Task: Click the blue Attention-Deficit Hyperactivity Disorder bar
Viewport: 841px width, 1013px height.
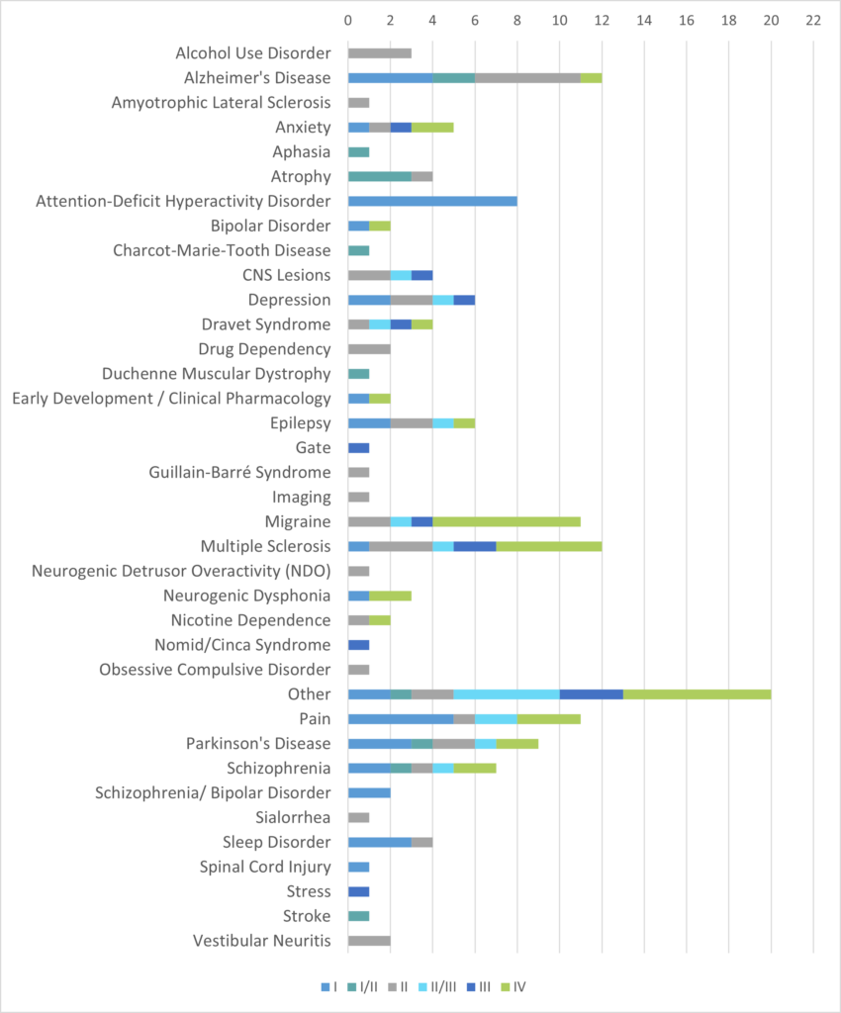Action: pos(432,201)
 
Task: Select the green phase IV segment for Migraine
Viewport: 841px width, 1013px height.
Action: pos(507,521)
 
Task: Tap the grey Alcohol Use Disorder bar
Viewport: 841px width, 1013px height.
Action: pos(379,53)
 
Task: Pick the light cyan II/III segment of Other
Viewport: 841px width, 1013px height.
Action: pos(507,694)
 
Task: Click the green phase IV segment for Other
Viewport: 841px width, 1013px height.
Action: pos(697,694)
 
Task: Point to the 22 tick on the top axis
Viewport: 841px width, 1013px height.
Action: pos(813,20)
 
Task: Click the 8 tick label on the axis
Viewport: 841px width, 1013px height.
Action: pos(517,20)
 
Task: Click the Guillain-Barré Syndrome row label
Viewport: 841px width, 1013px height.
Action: pos(239,472)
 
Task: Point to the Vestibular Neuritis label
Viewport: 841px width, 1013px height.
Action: pos(261,941)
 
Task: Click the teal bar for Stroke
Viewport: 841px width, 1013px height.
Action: pos(358,916)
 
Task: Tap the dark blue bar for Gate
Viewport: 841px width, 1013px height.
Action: pos(358,447)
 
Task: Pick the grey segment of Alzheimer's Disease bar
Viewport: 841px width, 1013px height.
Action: pos(527,78)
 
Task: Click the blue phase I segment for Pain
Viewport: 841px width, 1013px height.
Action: pos(401,719)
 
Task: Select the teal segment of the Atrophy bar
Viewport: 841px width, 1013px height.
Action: pos(380,176)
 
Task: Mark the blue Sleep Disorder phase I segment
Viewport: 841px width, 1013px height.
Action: pos(380,842)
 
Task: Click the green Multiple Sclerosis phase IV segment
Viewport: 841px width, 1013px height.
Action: pos(549,546)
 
